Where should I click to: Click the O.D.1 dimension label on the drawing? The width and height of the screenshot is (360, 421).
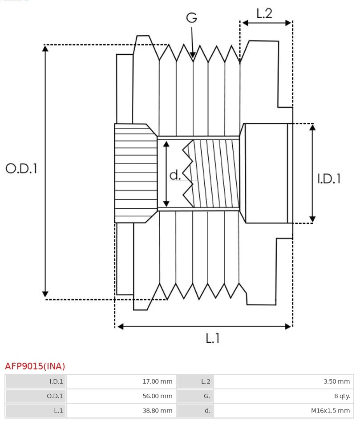(x=21, y=168)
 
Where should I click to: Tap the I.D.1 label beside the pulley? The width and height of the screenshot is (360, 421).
(x=329, y=178)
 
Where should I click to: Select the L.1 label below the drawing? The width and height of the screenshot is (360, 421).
(x=213, y=338)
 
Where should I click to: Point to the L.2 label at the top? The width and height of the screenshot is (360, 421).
(x=264, y=13)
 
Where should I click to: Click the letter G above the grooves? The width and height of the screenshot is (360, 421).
(x=191, y=18)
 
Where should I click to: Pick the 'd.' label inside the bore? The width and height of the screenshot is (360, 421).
(x=175, y=175)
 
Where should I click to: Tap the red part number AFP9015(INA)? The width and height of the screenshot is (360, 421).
(x=35, y=366)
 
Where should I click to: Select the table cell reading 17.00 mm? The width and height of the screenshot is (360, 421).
(x=157, y=381)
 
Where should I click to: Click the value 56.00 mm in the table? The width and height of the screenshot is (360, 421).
(x=157, y=396)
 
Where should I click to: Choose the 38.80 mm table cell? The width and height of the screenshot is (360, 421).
(x=157, y=411)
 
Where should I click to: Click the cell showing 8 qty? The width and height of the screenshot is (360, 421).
(x=342, y=396)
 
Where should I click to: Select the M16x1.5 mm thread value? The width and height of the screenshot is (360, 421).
(x=330, y=411)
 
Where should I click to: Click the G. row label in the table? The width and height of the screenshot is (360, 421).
(x=206, y=396)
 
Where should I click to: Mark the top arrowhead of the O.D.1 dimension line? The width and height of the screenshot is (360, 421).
(x=45, y=48)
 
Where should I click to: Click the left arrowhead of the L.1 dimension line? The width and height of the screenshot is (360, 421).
(x=119, y=327)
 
